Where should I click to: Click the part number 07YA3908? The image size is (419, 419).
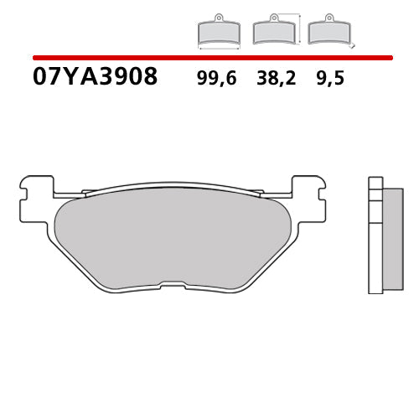95,77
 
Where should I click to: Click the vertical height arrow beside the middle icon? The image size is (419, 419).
299,25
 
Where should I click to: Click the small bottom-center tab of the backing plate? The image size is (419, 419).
173,287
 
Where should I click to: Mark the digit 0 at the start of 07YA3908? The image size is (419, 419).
40,77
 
